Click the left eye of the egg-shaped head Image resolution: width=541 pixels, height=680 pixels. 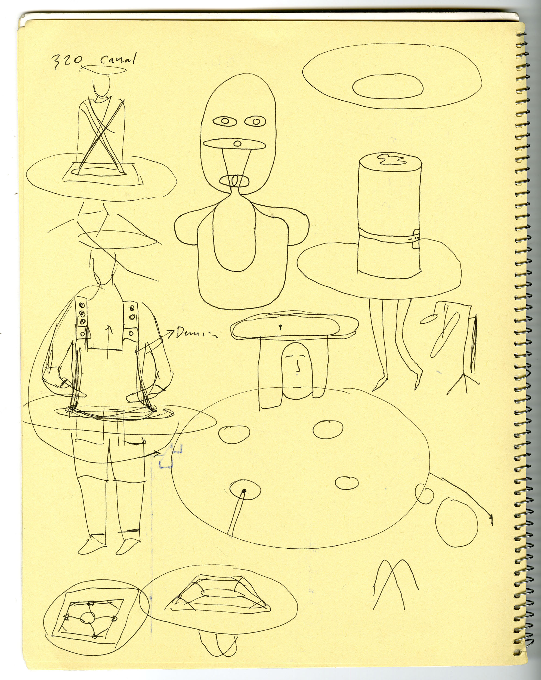pyautogui.click(x=225, y=121)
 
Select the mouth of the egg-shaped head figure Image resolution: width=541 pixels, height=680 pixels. pyautogui.click(x=235, y=182)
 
